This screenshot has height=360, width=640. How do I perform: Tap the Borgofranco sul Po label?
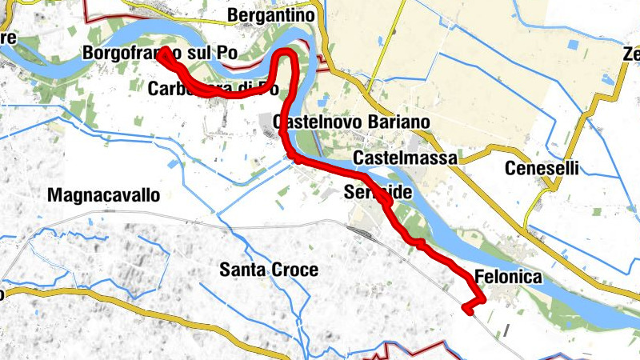(x=160, y=53)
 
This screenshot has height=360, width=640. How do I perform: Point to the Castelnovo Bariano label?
(x=351, y=122)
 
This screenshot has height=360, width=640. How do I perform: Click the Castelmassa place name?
(x=404, y=158)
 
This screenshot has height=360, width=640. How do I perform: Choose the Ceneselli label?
(x=541, y=169)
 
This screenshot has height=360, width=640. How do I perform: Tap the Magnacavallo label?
(x=104, y=195)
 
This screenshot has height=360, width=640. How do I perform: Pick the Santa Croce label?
(x=269, y=270)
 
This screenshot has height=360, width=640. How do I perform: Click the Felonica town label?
(x=508, y=278)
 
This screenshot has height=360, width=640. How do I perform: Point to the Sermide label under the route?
(x=378, y=193)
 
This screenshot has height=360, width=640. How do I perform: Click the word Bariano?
(x=400, y=122)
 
